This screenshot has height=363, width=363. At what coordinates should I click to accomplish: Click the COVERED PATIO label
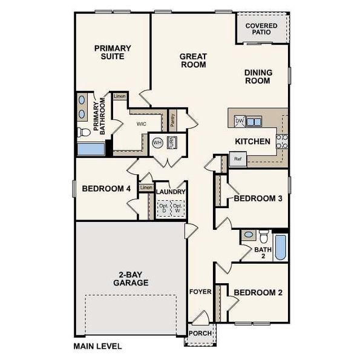click(261, 30)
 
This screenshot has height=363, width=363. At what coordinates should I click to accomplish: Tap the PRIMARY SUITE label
click(109, 52)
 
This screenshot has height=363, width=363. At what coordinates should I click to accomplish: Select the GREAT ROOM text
click(193, 60)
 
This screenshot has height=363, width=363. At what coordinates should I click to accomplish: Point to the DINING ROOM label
click(258, 76)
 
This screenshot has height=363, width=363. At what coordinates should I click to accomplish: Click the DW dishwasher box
click(239, 121)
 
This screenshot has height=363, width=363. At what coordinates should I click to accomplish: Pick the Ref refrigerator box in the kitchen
click(238, 160)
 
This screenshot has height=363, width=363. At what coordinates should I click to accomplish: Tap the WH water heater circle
click(157, 143)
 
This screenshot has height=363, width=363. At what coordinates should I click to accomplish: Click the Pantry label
click(172, 120)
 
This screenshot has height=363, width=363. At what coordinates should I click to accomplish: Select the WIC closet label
click(142, 123)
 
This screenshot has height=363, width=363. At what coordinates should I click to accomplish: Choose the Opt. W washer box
click(177, 209)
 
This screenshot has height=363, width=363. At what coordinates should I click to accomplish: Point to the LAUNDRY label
click(171, 192)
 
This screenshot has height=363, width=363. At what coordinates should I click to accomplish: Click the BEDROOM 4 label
click(106, 189)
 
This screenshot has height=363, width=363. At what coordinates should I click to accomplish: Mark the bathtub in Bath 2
click(281, 247)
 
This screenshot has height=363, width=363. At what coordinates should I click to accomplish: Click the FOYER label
click(200, 292)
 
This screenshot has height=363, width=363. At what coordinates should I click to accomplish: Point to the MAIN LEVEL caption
click(97, 347)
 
